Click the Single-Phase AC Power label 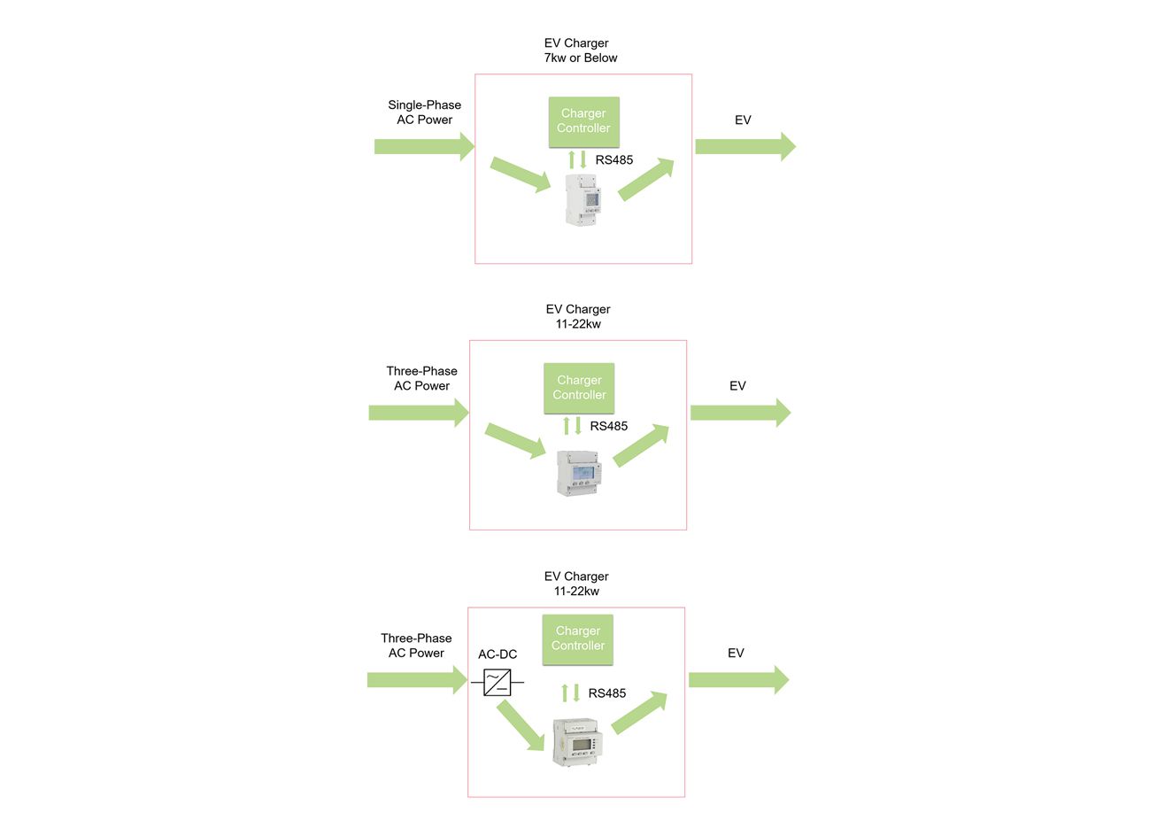(424, 112)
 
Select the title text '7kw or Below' (581, 58)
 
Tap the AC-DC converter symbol (497, 682)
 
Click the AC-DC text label (498, 654)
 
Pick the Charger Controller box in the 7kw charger (583, 121)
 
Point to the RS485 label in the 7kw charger (614, 160)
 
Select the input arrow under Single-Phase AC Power (424, 146)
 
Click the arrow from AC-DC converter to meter (521, 725)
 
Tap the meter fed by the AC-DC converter (576, 741)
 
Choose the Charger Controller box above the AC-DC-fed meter (578, 638)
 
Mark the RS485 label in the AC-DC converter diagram (607, 693)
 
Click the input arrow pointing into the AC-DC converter (417, 680)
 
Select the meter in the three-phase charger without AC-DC (578, 473)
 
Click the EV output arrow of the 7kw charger (745, 146)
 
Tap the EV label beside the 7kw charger (743, 120)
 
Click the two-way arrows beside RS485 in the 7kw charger (577, 160)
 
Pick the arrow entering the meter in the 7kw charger (521, 174)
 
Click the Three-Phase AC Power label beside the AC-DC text (416, 646)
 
